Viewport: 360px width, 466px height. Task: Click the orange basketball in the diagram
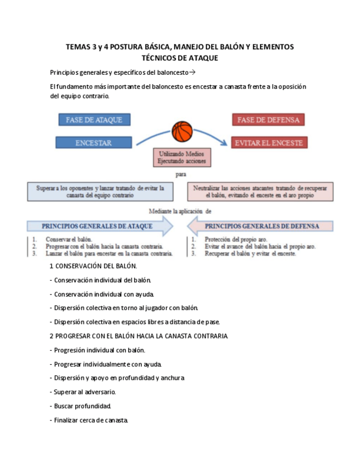182,132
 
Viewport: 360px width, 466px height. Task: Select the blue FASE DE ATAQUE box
94,119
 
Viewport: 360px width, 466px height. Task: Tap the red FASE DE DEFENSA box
268,119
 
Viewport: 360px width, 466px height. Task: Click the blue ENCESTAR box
93,142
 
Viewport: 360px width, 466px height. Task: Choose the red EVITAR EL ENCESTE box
268,142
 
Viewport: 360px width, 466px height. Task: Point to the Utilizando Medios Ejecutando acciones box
182,158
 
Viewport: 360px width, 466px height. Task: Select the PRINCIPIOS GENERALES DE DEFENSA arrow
261,226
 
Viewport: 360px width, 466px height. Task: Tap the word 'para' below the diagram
181,174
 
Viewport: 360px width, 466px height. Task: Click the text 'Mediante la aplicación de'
180,210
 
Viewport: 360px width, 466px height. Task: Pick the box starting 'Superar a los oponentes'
100,191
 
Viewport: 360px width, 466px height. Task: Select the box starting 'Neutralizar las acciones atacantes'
260,191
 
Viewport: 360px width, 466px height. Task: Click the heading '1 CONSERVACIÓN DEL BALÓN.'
93,267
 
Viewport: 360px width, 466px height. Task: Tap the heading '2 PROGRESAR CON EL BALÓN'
139,336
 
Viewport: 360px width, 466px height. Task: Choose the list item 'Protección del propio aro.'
236,240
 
